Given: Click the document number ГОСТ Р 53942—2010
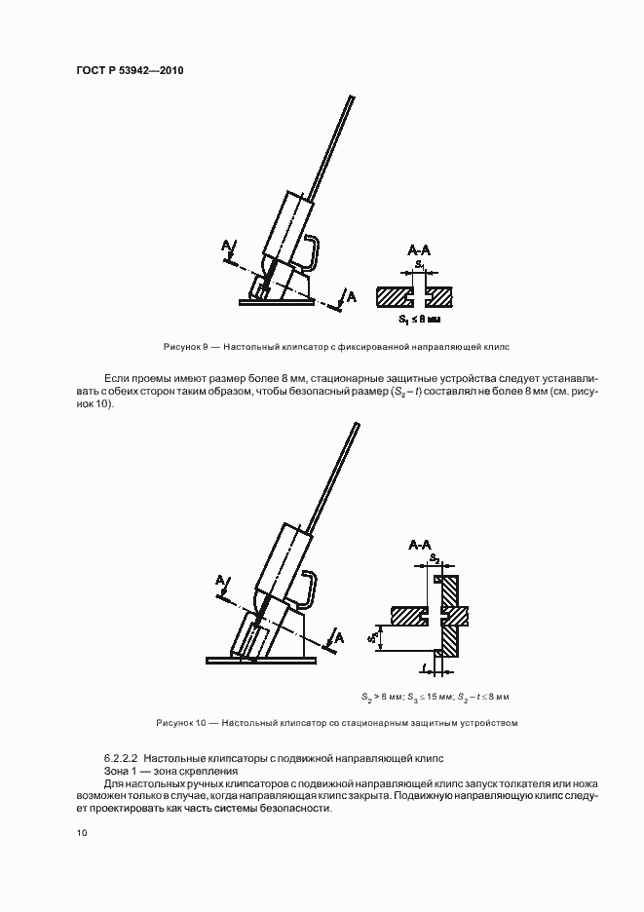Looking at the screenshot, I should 129,71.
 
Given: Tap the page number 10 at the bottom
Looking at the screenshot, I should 80,833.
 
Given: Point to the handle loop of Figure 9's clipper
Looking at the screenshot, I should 309,251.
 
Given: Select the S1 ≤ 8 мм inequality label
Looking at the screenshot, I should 419,319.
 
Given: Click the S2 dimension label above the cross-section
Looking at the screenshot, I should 435,558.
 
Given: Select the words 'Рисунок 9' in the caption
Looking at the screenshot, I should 182,346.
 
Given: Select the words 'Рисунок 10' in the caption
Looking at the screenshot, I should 181,723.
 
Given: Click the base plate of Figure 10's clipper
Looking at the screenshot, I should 261,661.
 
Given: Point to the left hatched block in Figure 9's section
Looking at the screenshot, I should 396,292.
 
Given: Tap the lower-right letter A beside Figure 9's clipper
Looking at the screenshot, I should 352,295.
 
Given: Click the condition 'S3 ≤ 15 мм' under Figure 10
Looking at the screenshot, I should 435,698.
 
